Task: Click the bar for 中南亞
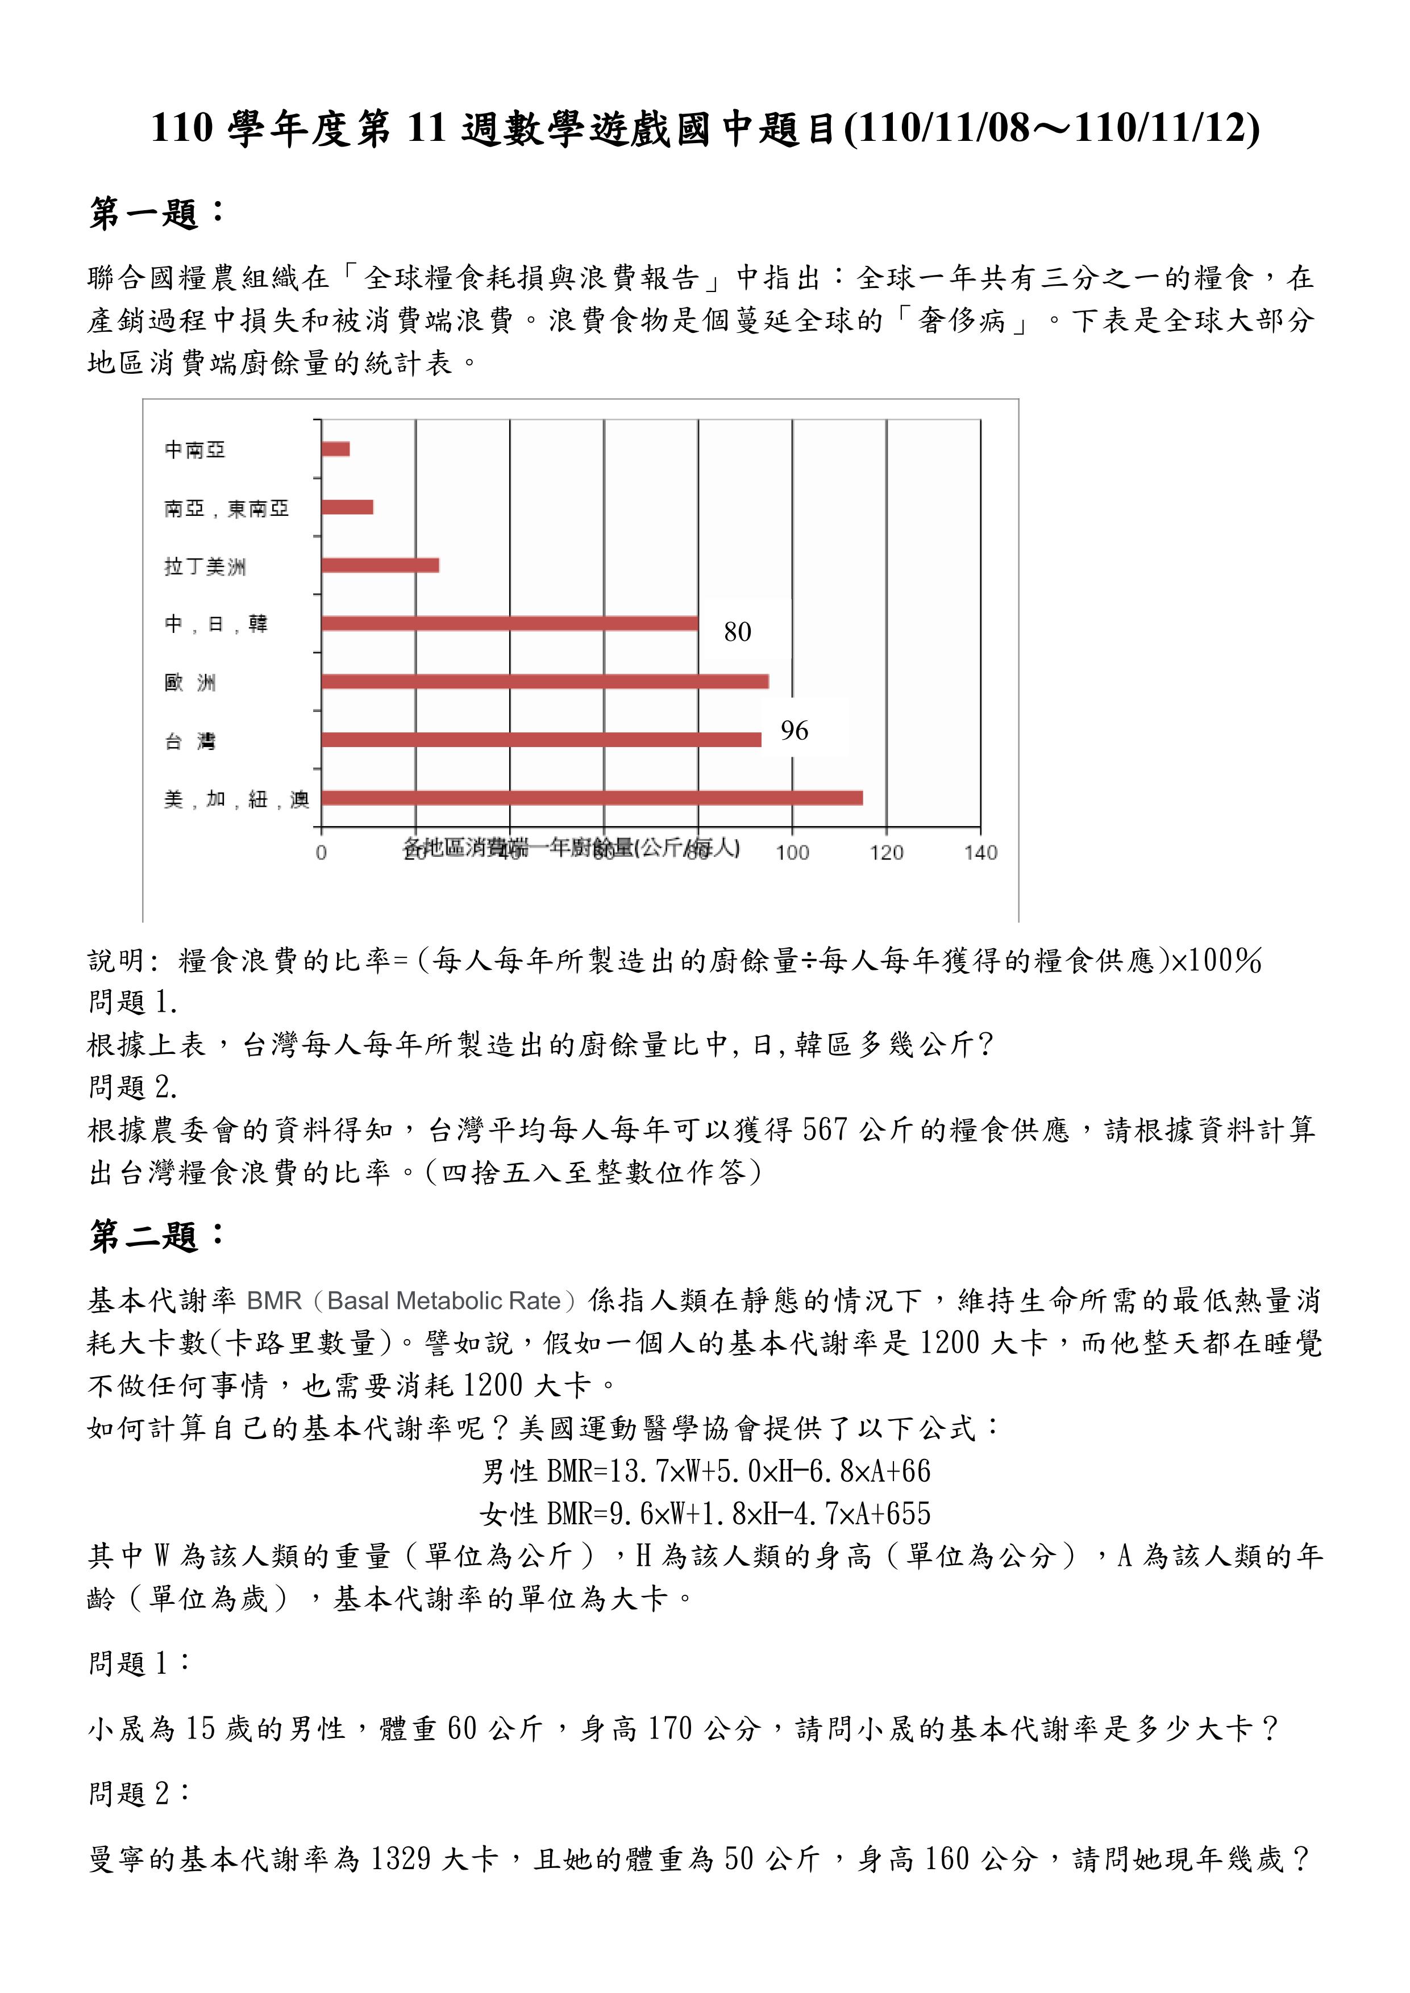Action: click(336, 449)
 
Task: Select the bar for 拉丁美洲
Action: click(380, 565)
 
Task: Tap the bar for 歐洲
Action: click(544, 681)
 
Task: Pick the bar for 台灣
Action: click(541, 740)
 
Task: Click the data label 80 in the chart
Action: click(737, 632)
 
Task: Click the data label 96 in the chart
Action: click(793, 731)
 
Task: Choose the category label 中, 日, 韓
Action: click(216, 624)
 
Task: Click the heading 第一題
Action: click(156, 212)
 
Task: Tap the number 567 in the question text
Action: click(825, 1129)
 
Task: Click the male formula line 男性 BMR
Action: click(706, 1470)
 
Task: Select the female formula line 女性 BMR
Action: click(704, 1513)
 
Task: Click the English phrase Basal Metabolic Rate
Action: click(444, 1300)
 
